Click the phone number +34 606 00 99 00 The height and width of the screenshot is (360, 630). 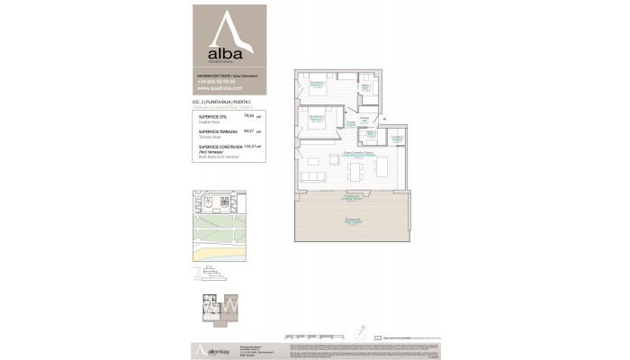(215, 81)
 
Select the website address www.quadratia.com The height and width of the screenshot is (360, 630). (220, 88)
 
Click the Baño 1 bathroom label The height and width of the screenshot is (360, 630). (367, 86)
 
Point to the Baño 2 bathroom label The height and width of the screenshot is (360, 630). (371, 134)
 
